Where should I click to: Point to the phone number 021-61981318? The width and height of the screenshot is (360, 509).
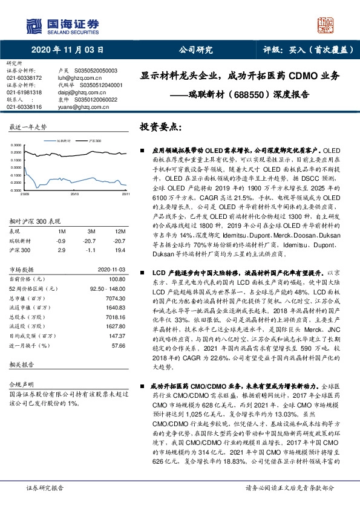click(x=24, y=92)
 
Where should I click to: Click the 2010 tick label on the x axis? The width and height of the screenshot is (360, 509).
click(x=75, y=194)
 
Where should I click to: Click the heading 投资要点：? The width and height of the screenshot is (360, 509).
click(x=160, y=128)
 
